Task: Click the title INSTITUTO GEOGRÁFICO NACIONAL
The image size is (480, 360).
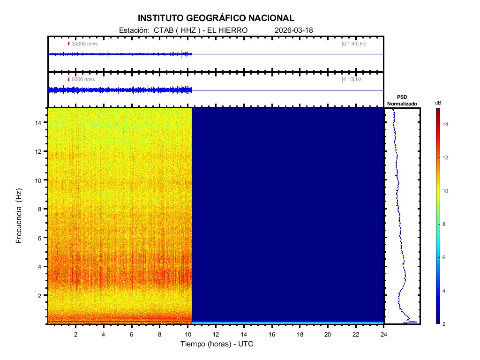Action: pyautogui.click(x=216, y=18)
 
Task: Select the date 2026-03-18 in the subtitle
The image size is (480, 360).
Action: pyautogui.click(x=294, y=30)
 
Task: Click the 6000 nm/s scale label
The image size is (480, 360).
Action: pyautogui.click(x=83, y=80)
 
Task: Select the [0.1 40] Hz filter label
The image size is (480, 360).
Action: pyautogui.click(x=353, y=44)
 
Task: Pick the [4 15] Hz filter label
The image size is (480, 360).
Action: pyautogui.click(x=352, y=80)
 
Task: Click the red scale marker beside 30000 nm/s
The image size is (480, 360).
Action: pyautogui.click(x=68, y=44)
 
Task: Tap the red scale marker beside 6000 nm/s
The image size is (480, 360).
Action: pyautogui.click(x=68, y=80)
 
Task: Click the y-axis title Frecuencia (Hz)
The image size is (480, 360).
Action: pyautogui.click(x=19, y=216)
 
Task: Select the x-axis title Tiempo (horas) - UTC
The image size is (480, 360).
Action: pyautogui.click(x=217, y=344)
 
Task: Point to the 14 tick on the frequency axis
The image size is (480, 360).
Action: pyautogui.click(x=39, y=122)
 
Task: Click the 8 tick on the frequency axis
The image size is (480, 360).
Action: pyautogui.click(x=41, y=209)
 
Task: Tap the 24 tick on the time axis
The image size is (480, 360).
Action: pyautogui.click(x=384, y=334)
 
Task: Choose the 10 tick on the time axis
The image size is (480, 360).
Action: pyautogui.click(x=187, y=334)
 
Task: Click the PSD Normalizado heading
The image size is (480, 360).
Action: pyautogui.click(x=402, y=100)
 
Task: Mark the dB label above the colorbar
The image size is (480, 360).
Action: pyautogui.click(x=438, y=102)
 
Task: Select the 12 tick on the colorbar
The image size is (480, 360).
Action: pyautogui.click(x=446, y=158)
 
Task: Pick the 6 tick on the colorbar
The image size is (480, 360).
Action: pyautogui.click(x=445, y=258)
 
